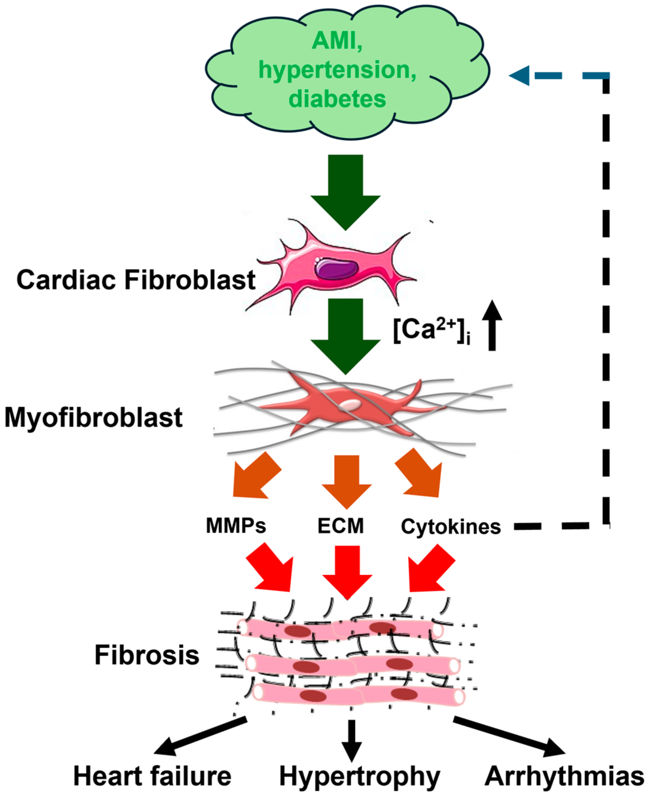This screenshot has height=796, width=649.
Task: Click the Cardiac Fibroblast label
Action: [136, 280]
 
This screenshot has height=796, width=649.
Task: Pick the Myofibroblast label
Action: [93, 417]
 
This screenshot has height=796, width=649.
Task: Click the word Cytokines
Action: [451, 527]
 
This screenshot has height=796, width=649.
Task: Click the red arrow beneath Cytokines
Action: [430, 570]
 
